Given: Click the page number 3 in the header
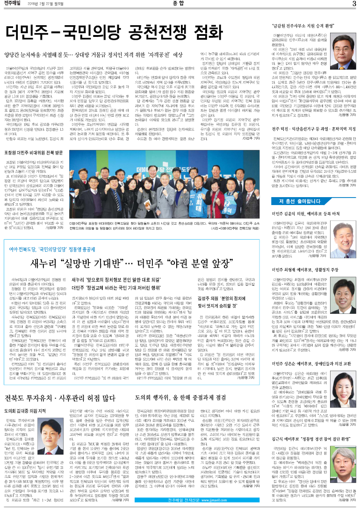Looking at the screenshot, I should pos(354,5).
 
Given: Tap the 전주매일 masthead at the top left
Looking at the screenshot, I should pos(13,5).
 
